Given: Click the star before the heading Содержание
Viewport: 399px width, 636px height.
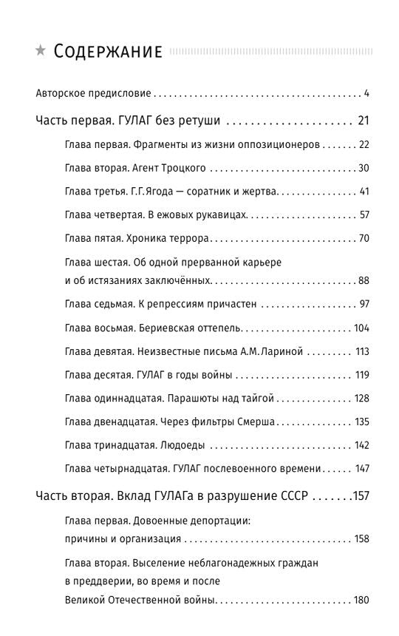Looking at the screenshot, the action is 41,51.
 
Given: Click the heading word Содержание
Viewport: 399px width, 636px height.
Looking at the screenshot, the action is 108,52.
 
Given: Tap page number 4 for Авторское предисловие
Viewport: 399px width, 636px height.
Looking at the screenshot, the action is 366,94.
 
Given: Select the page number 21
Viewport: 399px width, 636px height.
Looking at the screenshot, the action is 362,121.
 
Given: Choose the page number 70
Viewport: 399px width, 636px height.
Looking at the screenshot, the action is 363,239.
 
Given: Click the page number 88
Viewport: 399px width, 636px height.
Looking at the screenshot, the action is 363,280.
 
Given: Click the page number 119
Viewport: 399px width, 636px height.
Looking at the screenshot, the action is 361,375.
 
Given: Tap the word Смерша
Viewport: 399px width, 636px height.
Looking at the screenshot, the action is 257,422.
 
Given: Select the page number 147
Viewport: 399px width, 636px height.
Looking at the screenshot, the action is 361,469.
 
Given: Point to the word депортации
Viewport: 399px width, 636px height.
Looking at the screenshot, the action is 219,521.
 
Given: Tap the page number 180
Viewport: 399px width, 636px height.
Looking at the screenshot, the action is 361,600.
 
